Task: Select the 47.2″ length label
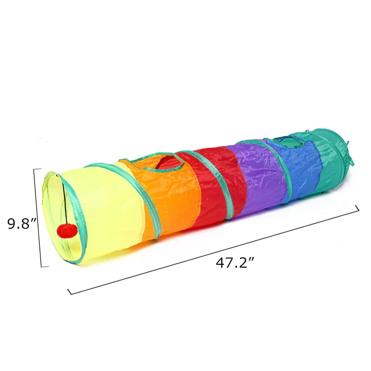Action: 235,263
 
